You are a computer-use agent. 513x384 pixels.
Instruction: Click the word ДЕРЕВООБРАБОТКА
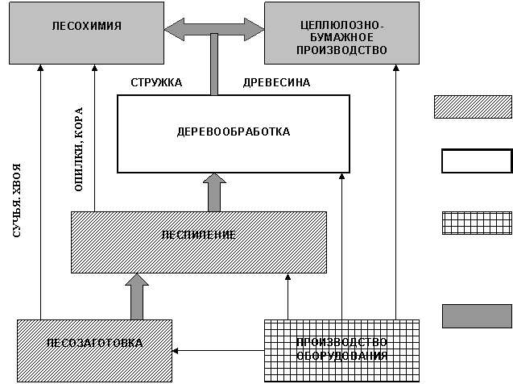pos(234,131)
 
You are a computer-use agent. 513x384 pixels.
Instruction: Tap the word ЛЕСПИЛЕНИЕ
pos(198,235)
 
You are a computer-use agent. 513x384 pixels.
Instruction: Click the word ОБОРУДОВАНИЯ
pos(341,356)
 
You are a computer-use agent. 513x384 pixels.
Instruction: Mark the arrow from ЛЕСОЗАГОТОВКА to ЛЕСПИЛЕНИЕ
pos(138,297)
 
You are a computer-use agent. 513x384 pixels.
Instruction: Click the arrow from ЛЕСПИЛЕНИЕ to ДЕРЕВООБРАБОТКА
pos(214,193)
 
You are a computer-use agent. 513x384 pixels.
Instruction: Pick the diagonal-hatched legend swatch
pos(473,107)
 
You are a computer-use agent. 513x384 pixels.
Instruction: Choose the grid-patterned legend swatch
pos(477,223)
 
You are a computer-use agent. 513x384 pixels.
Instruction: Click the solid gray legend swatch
pos(477,315)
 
